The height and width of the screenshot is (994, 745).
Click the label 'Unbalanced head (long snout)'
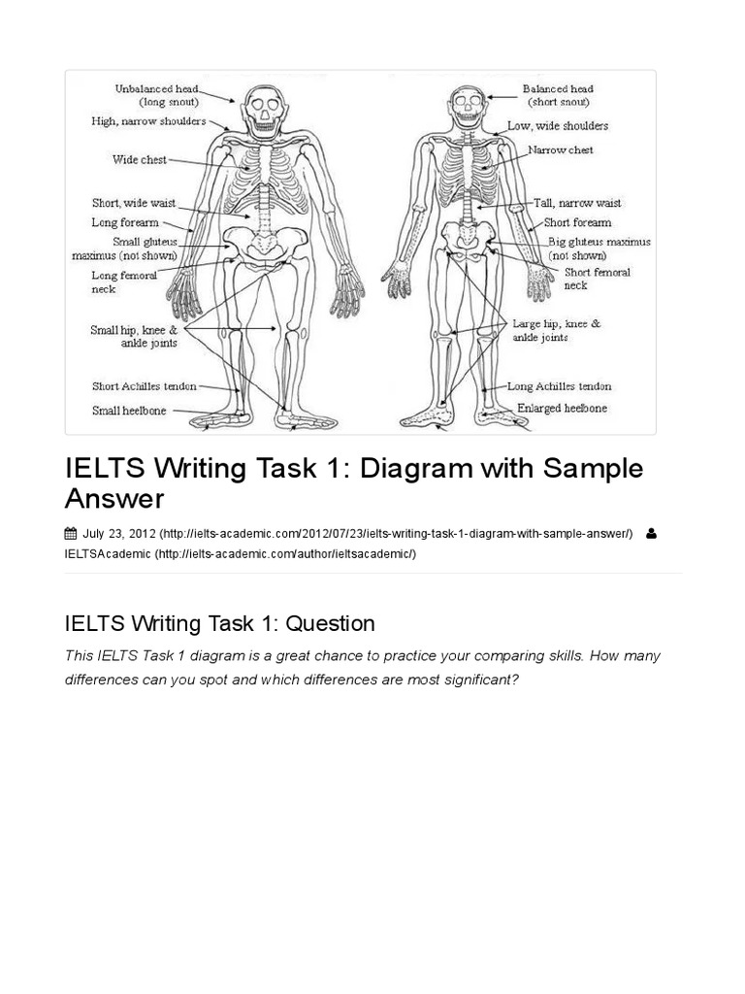[156, 94]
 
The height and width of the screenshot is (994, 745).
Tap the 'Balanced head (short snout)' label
[557, 95]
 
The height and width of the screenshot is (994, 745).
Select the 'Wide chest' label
[140, 160]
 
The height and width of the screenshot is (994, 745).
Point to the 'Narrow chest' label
[561, 150]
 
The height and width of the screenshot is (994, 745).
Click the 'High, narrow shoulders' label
[148, 121]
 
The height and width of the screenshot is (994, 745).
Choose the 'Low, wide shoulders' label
[558, 126]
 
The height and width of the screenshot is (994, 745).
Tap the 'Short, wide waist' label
[134, 204]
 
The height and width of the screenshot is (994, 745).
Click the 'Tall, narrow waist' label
[577, 204]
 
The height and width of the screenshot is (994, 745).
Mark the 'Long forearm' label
[125, 222]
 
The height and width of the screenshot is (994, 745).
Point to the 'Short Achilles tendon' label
[144, 386]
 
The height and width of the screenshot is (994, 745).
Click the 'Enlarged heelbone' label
[562, 409]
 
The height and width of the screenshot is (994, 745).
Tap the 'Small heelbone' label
[129, 411]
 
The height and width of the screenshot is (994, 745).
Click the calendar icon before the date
[70, 533]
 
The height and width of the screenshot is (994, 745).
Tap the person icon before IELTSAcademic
[650, 533]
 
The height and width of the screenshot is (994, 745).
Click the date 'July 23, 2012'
[118, 533]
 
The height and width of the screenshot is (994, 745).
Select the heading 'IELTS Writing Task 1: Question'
[219, 622]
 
